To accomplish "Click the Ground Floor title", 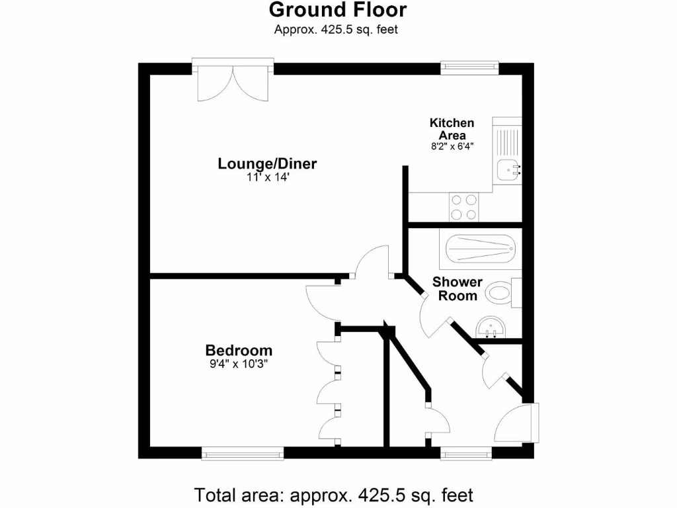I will click(338, 10).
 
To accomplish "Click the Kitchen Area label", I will click(452, 129).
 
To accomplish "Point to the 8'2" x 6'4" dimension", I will click(452, 146).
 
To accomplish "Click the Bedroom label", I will click(239, 350).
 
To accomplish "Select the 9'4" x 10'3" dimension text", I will click(239, 363).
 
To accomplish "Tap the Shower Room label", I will click(458, 288).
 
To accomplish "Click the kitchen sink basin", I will click(508, 169).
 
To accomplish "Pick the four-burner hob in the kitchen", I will click(463, 206).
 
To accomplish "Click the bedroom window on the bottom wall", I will click(243, 454).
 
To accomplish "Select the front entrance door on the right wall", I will click(519, 423).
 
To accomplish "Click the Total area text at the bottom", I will click(334, 494).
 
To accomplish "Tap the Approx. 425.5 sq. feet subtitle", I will click(336, 29).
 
